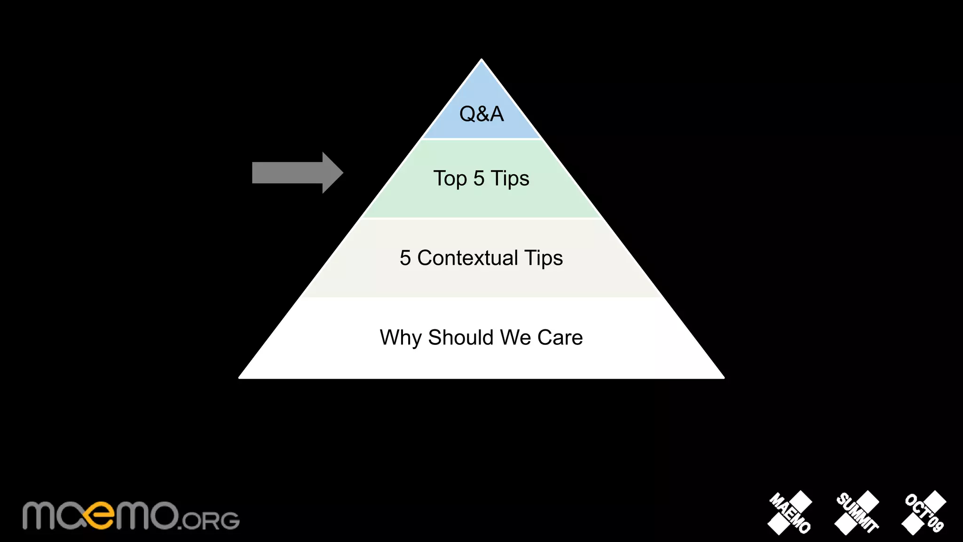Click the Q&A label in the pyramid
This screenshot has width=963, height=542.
pos(481,114)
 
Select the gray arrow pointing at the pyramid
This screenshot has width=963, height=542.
pos(297,173)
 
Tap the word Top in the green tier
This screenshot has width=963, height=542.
pos(450,179)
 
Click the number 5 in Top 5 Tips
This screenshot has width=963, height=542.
pos(479,178)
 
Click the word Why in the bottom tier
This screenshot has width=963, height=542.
pos(400,338)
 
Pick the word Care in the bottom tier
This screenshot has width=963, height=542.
pos(560,337)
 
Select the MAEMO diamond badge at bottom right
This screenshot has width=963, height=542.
pos(790,513)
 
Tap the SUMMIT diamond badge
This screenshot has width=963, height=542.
pos(857,513)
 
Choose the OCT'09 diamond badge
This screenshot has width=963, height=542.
pos(924,513)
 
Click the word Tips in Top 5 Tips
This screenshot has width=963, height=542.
pos(510,178)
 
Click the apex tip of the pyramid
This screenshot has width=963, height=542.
pos(481,61)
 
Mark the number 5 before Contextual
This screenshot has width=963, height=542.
pos(405,258)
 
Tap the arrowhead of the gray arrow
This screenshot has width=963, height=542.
pos(332,173)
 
